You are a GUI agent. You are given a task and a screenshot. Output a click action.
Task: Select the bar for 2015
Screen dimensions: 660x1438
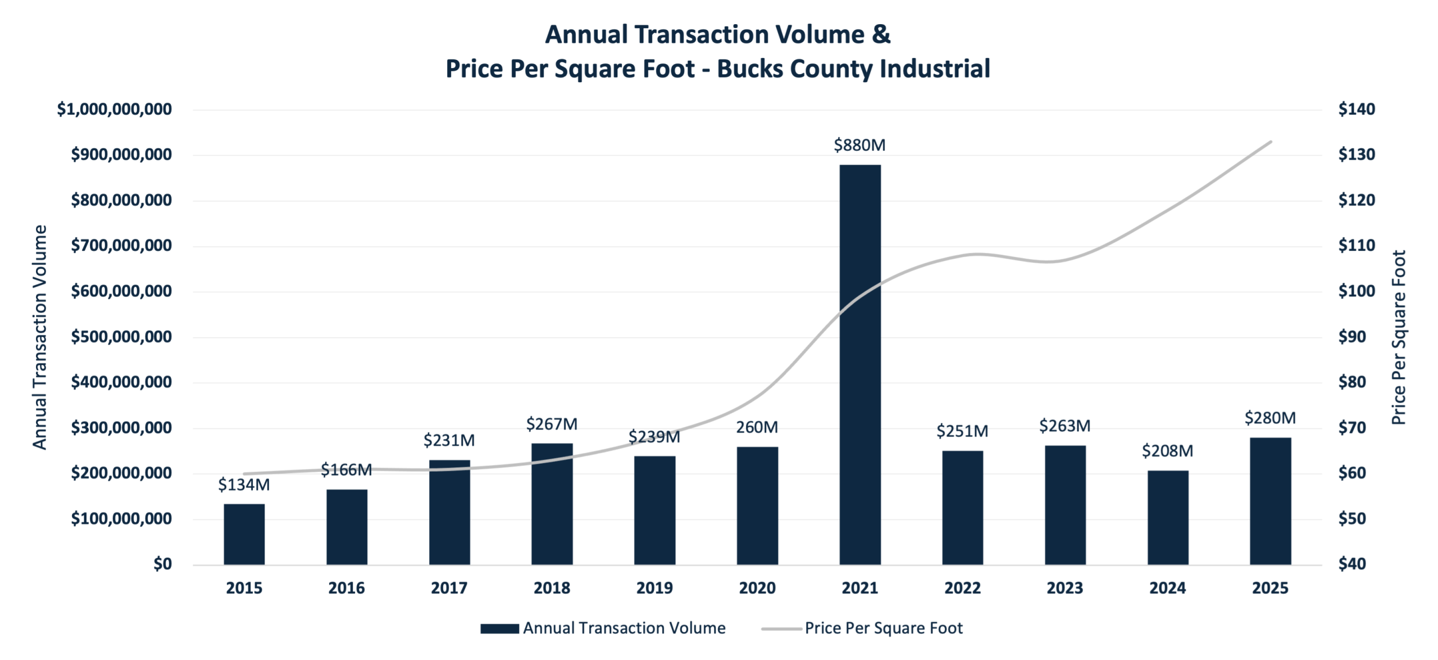tap(244, 534)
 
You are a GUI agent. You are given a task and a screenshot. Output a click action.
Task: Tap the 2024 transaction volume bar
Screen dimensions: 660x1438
tap(1168, 517)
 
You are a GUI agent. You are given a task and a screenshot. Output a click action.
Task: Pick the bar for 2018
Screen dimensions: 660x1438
tap(552, 504)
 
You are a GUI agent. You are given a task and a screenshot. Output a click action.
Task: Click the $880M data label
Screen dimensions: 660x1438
tap(859, 145)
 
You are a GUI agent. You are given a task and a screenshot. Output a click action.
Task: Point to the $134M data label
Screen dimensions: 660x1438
tap(244, 485)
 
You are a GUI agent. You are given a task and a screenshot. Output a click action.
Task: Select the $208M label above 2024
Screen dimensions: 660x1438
tap(1167, 451)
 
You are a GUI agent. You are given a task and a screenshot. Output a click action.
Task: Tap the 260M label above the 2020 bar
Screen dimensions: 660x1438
tap(757, 427)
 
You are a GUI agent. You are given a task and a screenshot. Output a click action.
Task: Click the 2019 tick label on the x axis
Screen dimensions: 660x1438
tap(654, 588)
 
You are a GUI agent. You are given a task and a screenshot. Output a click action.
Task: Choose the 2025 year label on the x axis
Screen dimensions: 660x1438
tap(1270, 588)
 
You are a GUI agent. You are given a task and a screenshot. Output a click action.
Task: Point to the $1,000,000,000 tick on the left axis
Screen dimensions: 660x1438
tap(115, 109)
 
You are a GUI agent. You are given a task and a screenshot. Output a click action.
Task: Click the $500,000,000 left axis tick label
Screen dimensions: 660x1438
tap(121, 337)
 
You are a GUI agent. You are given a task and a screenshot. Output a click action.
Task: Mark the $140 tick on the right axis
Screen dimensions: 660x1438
tap(1357, 109)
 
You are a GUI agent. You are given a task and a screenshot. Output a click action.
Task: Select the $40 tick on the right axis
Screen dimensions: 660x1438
tap(1352, 564)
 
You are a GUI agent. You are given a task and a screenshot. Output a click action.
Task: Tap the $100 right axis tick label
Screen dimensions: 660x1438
tap(1357, 291)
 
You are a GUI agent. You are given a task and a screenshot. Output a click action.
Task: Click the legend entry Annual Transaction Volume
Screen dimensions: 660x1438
tap(624, 628)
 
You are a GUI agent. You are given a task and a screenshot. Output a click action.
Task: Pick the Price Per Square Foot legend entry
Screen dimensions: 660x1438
tap(883, 628)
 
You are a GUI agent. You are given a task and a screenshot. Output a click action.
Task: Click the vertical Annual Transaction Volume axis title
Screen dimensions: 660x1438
tap(39, 337)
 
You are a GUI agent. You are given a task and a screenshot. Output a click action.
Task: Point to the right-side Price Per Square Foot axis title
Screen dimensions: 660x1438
tap(1399, 337)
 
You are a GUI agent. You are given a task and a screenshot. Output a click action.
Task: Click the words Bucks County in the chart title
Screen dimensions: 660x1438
tap(795, 69)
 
